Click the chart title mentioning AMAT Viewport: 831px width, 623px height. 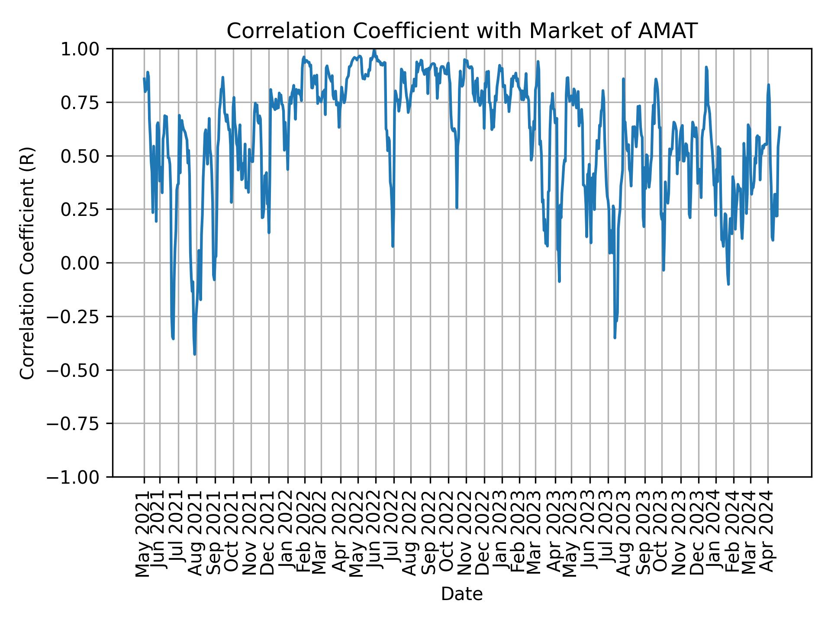point(462,31)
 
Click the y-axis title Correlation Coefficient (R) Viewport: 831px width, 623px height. point(27,263)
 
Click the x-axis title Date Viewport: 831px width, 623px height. point(462,594)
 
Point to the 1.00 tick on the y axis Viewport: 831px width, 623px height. point(85,49)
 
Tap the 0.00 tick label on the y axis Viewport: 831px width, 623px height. point(85,263)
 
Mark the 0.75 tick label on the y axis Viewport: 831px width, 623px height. point(85,103)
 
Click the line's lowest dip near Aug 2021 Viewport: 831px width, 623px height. point(195,354)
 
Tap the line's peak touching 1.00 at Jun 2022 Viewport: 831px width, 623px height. point(374,50)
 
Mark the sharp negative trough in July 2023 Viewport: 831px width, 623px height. point(615,337)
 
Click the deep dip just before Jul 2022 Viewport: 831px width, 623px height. point(393,246)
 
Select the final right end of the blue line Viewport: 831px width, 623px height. point(779,127)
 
